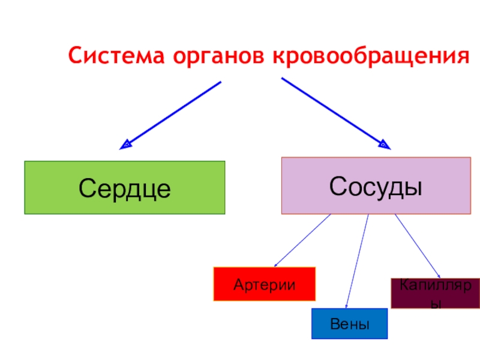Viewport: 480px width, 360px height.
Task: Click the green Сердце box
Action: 124,187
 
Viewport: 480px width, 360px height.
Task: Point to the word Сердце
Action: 124,188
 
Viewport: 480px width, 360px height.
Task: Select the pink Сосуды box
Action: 376,185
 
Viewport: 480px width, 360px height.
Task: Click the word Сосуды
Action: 376,186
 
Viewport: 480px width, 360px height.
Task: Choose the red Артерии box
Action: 265,283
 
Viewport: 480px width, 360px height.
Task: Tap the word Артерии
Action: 265,284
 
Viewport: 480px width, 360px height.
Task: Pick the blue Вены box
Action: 349,324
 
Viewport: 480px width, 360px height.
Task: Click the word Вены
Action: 349,324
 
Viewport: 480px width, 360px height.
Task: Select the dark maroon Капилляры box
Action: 435,293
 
